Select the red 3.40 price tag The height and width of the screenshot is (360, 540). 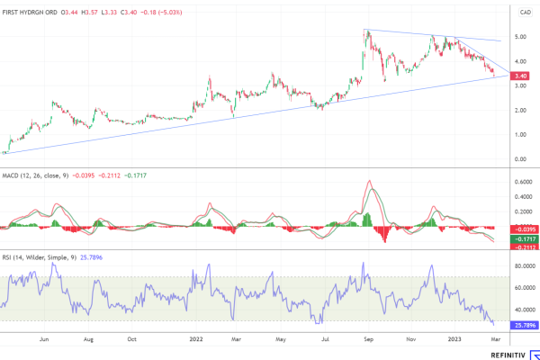[x=520, y=76]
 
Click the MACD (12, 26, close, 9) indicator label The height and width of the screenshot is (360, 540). [x=34, y=176]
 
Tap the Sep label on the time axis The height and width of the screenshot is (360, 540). [x=366, y=340]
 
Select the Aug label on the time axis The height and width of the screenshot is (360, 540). [x=89, y=340]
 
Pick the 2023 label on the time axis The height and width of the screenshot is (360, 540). [x=455, y=340]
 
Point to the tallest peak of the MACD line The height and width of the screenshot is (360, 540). [x=369, y=182]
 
